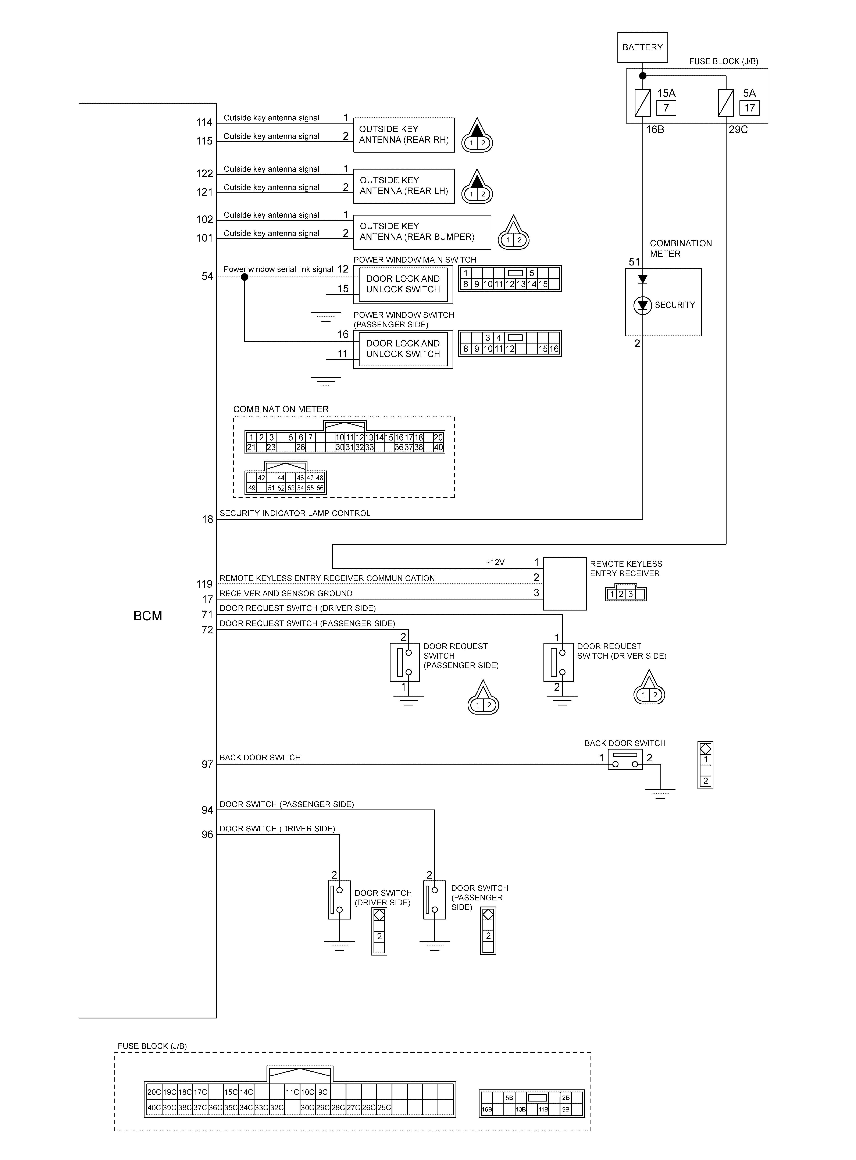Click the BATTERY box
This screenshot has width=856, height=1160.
click(642, 47)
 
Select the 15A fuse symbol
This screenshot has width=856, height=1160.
click(642, 103)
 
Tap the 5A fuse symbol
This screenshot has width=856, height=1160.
click(725, 103)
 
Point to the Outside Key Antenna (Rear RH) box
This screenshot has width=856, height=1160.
click(404, 135)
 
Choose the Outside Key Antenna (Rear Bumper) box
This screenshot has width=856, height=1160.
click(422, 232)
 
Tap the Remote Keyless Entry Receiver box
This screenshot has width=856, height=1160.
click(564, 584)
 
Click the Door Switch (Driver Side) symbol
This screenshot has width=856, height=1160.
click(339, 900)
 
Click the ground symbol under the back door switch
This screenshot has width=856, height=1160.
click(660, 793)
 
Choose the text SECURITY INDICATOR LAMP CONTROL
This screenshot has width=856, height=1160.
click(295, 513)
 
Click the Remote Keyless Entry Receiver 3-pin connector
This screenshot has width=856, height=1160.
click(625, 594)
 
